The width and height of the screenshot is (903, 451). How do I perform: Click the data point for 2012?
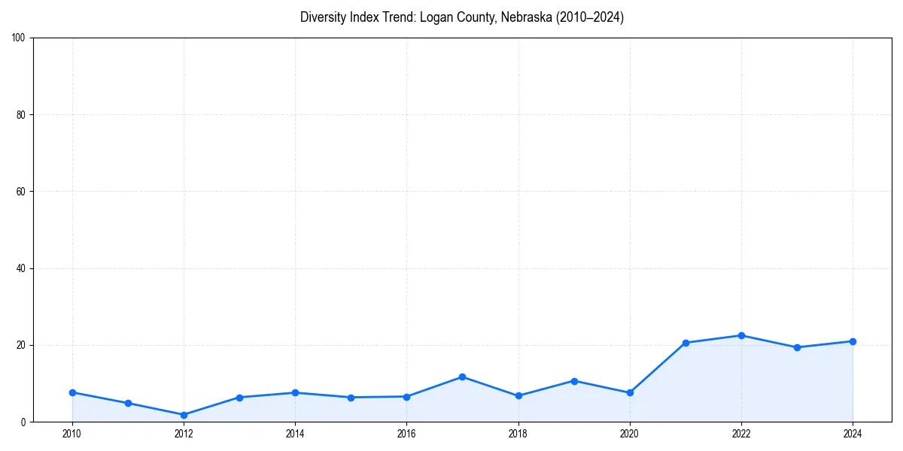184,415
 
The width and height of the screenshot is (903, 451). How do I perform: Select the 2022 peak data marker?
741,335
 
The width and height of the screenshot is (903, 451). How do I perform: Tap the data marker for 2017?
462,377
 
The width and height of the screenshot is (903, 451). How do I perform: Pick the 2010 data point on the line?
72,392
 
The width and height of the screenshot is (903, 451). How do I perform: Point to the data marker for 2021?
686,343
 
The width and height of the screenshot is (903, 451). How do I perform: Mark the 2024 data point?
853,341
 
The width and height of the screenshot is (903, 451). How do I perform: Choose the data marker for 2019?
574,381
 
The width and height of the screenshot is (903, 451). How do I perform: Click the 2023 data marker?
797,347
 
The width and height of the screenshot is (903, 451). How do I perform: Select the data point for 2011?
128,403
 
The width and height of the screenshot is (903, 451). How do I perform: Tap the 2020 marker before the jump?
630,392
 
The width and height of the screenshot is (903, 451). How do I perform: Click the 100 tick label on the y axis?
19,38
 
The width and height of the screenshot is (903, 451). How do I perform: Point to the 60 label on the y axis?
21,192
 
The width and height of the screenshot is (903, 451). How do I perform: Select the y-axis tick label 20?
21,345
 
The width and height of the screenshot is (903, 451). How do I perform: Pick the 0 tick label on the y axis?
23,422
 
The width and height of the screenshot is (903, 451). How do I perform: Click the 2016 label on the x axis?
406,434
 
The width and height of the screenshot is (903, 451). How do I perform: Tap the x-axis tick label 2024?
853,434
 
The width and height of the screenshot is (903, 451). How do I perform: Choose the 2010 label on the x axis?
72,434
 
